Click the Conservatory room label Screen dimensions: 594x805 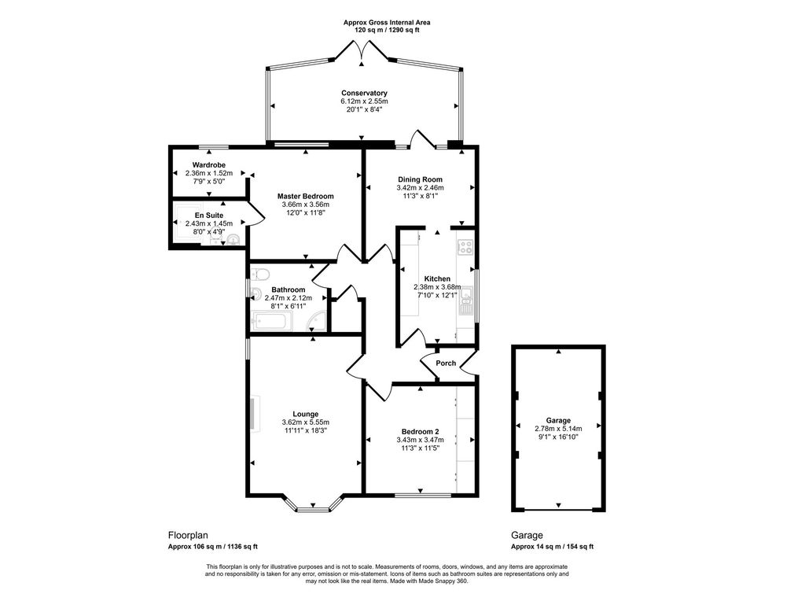click(364, 93)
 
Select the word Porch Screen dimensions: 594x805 click(446, 363)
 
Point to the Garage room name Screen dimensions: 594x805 click(559, 421)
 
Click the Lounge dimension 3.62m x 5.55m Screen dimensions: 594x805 click(305, 422)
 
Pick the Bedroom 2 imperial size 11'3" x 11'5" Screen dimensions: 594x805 click(421, 448)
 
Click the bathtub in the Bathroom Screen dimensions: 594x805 click(272, 321)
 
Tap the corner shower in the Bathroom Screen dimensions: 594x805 click(318, 322)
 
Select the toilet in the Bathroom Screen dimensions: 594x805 click(260, 274)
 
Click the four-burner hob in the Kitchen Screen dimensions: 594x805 click(465, 247)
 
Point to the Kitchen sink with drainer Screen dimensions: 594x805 click(466, 301)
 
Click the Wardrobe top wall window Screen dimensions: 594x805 click(213, 146)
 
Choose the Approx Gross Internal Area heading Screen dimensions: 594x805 click(387, 23)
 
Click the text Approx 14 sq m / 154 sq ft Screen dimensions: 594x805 click(552, 547)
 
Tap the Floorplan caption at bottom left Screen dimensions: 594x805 click(188, 535)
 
